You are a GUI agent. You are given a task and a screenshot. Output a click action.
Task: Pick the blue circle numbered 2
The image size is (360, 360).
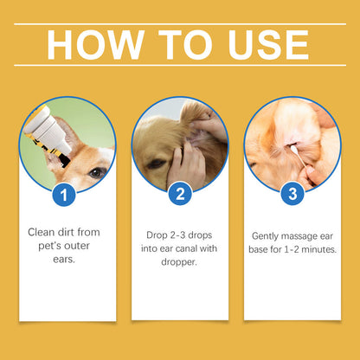(179, 194)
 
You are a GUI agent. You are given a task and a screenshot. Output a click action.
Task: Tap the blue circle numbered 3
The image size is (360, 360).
(292, 194)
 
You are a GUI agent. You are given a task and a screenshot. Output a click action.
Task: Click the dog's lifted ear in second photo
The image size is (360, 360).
(195, 117)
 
